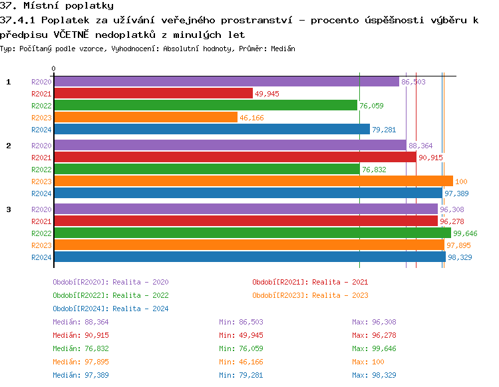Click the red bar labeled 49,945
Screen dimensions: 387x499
(x=153, y=93)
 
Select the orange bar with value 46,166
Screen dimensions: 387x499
(x=145, y=117)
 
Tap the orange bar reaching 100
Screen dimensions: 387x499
(x=253, y=181)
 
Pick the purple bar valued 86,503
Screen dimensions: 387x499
(x=226, y=81)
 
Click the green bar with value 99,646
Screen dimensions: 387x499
(x=252, y=233)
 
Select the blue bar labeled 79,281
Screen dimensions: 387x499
(x=212, y=129)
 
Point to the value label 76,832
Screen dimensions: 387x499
(x=374, y=170)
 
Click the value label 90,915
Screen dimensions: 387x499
(x=431, y=158)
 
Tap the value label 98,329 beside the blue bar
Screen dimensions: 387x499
(x=460, y=257)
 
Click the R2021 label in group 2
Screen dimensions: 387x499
(x=41, y=158)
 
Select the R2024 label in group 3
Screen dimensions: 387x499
(x=41, y=257)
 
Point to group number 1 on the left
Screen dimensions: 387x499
(x=9, y=82)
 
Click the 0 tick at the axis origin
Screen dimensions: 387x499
(x=54, y=68)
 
